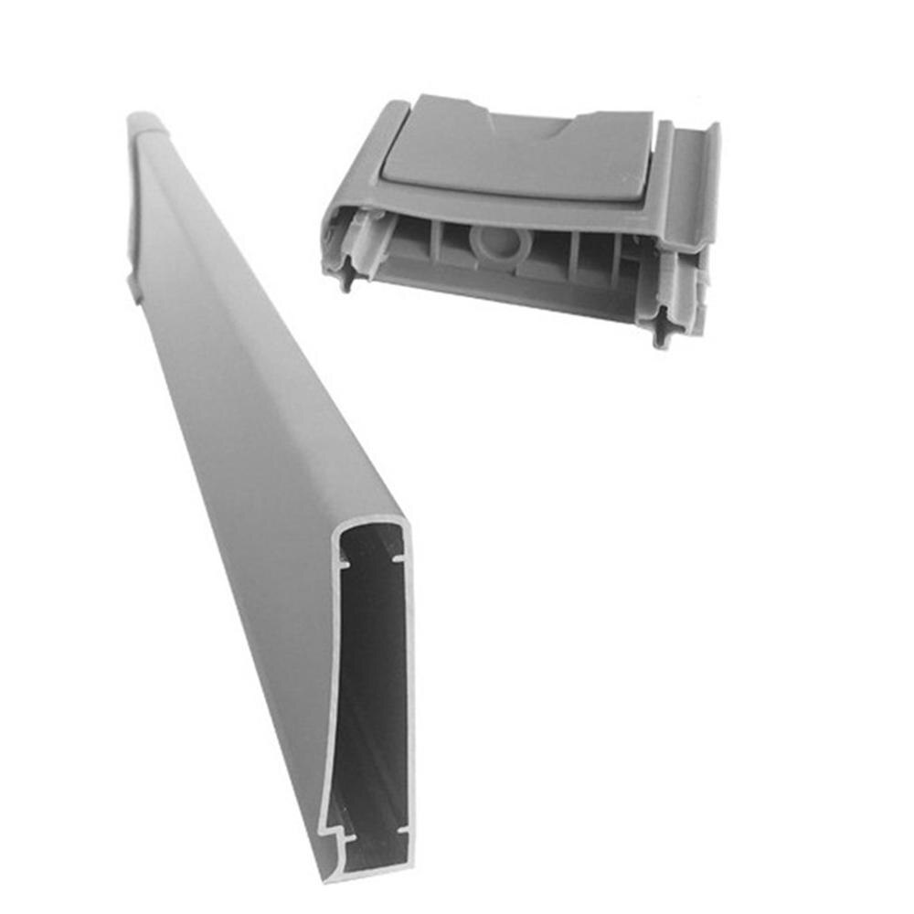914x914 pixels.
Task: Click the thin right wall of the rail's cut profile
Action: tap(409, 695)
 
